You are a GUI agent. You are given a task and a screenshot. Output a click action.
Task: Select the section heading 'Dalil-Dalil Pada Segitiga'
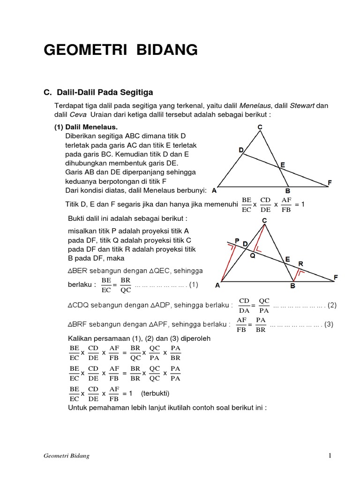[104, 92]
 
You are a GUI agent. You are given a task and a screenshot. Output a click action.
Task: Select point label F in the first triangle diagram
[330, 182]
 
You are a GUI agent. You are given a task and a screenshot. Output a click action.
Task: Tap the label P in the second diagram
[237, 240]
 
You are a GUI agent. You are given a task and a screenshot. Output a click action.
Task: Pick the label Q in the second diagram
[252, 256]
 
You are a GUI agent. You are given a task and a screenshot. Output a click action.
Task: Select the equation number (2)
[332, 305]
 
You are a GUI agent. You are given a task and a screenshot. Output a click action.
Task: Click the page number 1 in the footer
[330, 455]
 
